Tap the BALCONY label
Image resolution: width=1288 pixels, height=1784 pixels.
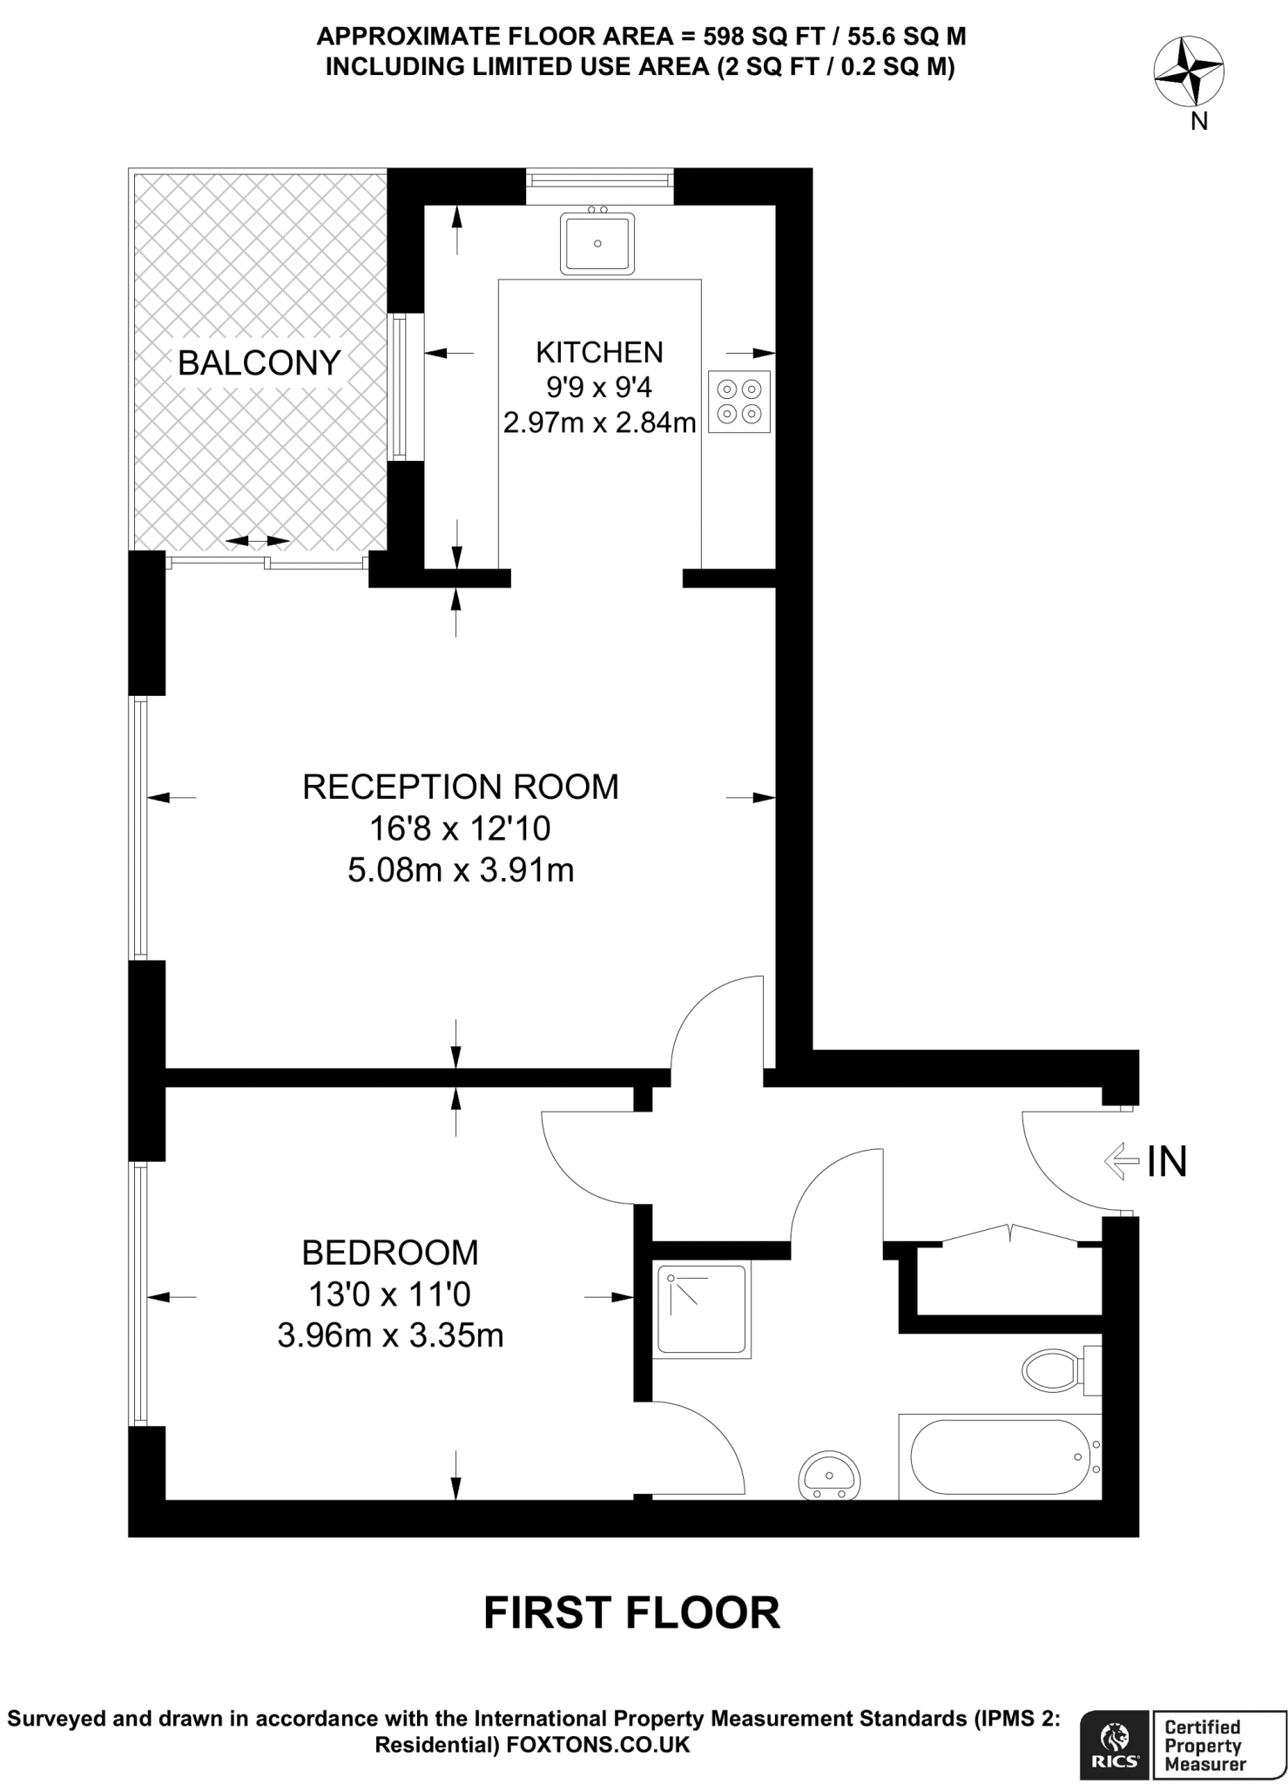[x=259, y=362]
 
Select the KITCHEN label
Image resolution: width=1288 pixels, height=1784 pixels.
[x=599, y=352]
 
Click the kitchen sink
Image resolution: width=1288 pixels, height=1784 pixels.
[x=597, y=243]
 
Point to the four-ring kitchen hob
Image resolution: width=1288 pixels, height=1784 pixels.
[x=739, y=402]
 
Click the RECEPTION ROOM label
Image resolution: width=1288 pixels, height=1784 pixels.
[x=460, y=787]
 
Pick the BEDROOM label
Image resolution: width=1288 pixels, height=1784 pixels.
[x=390, y=1253]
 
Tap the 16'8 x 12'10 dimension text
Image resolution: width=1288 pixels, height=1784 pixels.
[x=460, y=828]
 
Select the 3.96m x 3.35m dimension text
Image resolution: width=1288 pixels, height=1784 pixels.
[x=390, y=1335]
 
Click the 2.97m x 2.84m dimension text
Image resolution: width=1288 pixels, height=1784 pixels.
[x=599, y=423]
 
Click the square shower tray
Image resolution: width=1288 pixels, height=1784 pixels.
[x=702, y=1309]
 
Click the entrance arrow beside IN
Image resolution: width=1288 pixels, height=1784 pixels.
[x=1121, y=1160]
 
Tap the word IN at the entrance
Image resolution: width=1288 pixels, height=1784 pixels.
[x=1167, y=1161]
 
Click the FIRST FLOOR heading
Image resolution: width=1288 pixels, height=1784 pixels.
[x=632, y=1612]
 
